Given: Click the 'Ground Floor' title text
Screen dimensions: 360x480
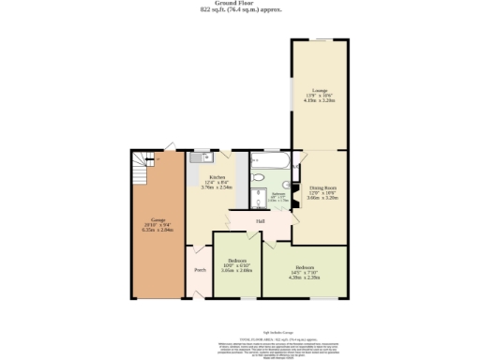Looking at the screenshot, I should coord(240,4).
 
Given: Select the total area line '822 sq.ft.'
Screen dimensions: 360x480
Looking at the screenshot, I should coord(240,10).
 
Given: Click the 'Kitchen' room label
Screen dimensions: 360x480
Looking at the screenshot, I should coord(217,176).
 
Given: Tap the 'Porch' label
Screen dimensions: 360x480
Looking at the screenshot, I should coord(200,270).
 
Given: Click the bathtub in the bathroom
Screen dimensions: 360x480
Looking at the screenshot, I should coord(270,163).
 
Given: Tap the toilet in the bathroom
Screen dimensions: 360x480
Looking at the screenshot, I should coord(259,177).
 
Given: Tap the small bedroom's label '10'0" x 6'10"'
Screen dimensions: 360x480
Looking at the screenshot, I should coord(238,263).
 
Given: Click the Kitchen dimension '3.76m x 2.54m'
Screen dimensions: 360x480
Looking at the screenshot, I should coord(217,187).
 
